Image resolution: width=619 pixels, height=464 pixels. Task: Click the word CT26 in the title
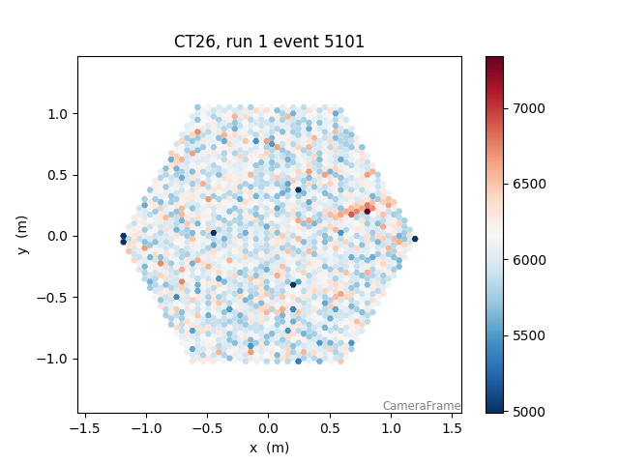pyautogui.click(x=194, y=42)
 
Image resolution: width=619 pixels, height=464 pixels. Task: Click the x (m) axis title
pyautogui.click(x=269, y=447)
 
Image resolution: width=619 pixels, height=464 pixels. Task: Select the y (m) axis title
pyautogui.click(x=23, y=236)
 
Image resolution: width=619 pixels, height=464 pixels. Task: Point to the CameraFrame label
pyautogui.click(x=421, y=406)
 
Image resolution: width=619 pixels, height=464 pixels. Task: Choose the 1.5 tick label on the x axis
pyautogui.click(x=453, y=427)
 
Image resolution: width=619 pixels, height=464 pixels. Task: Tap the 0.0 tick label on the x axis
pyautogui.click(x=269, y=427)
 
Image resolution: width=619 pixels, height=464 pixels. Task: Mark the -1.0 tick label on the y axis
pyautogui.click(x=55, y=359)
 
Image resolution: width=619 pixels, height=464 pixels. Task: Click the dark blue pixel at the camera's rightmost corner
pyautogui.click(x=415, y=239)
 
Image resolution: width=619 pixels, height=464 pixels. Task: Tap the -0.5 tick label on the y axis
pyautogui.click(x=55, y=298)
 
